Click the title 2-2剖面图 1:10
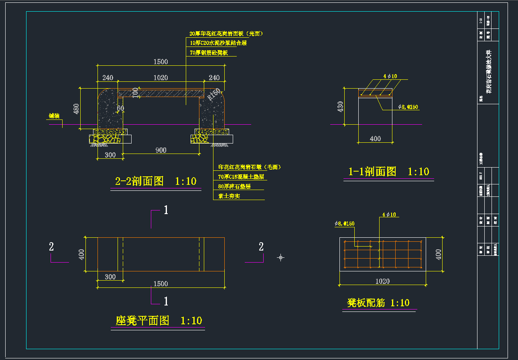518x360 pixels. pos(156,182)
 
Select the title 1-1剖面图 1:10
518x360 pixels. pos(388,172)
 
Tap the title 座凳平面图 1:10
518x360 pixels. pos(158,321)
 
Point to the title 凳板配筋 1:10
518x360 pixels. pos(378,303)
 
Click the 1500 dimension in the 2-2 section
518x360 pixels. pos(160,62)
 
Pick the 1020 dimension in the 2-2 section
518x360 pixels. pos(160,78)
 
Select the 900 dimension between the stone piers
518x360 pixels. pos(160,150)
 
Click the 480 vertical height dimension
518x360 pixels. pos(77,109)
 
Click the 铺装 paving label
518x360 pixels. pos(54,116)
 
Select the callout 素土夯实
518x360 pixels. pos(229,196)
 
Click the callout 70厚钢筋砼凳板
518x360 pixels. pos(209,53)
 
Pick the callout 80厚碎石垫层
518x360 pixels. pos(234,186)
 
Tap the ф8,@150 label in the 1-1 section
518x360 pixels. pos(408,107)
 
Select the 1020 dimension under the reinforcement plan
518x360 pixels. pos(382,281)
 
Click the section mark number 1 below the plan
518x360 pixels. pos(166,301)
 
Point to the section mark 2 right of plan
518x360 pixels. pos(261,247)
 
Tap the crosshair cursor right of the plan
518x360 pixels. pos(281,257)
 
